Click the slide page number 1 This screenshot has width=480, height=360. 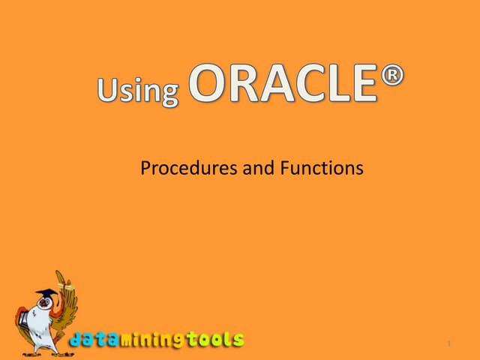point(447,344)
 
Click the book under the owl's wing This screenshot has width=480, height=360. point(24,315)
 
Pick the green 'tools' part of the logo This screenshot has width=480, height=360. point(217,339)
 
